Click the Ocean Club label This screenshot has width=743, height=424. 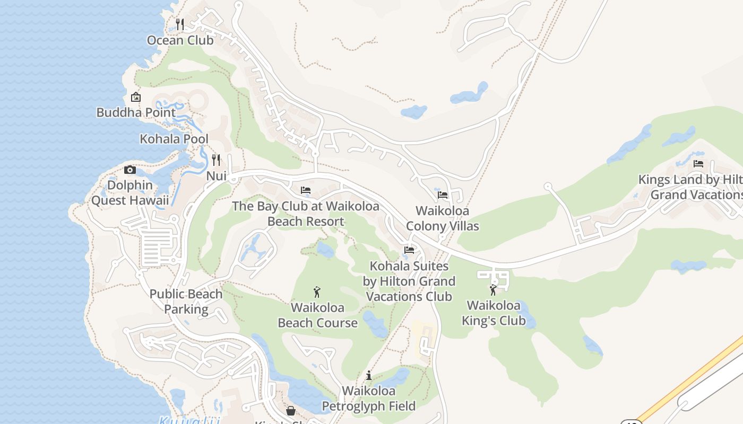click(180, 40)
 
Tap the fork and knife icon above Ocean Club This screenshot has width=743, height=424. click(180, 24)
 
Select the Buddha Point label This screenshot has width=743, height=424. click(136, 112)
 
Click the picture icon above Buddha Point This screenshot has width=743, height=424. click(136, 97)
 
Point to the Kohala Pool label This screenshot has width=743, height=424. click(174, 139)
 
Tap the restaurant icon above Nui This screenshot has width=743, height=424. click(216, 160)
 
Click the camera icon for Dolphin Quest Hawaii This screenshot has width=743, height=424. click(129, 170)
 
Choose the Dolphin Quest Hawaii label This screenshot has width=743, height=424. click(130, 193)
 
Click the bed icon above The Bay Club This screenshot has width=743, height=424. click(306, 190)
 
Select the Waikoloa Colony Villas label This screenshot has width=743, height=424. click(443, 218)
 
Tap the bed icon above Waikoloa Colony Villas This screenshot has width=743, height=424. click(443, 195)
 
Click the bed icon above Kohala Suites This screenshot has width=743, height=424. click(409, 250)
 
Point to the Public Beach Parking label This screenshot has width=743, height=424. click(186, 301)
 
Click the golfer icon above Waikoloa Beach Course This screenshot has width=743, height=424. click(317, 292)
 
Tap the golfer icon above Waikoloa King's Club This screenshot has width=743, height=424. click(493, 290)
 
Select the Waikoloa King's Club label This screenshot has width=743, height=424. click(494, 313)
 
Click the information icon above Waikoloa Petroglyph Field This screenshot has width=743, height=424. click(369, 376)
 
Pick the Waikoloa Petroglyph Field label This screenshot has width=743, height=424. click(369, 399)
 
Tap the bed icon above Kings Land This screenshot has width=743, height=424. click(698, 164)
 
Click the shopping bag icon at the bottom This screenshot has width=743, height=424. click(291, 411)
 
